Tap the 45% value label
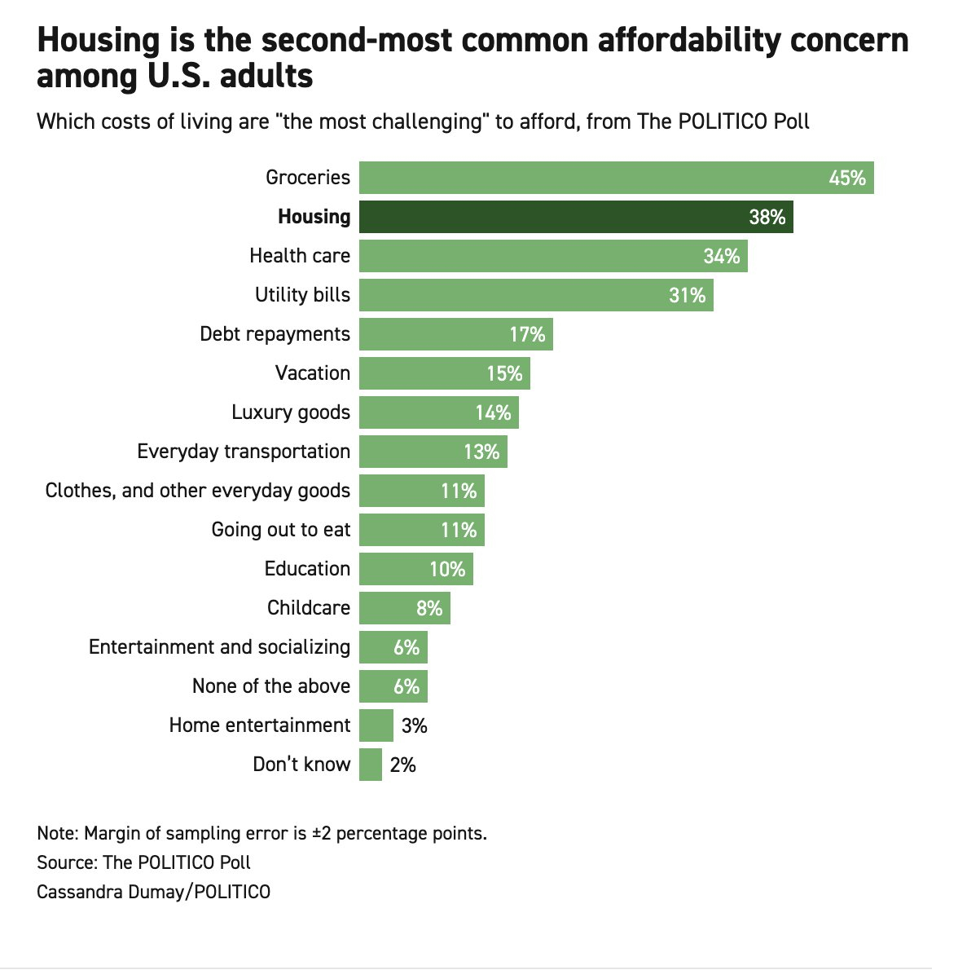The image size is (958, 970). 846,178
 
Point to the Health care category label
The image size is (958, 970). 300,256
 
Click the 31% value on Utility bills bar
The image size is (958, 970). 687,295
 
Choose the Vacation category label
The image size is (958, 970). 313,373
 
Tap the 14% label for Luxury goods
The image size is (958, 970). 493,412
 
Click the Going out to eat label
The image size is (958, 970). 281,530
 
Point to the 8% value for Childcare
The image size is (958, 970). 428,608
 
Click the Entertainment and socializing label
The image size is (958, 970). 219,647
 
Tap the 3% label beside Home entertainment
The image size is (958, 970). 414,725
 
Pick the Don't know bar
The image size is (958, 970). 371,765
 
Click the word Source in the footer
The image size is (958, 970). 64,862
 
